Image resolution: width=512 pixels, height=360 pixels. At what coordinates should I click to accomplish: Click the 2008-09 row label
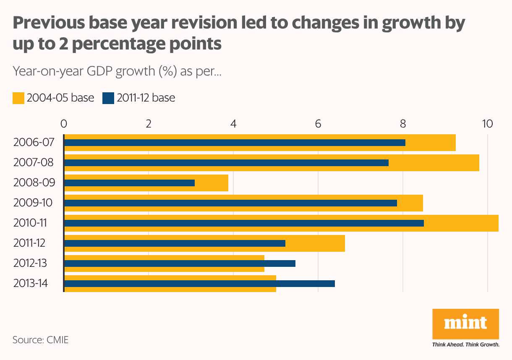(34, 183)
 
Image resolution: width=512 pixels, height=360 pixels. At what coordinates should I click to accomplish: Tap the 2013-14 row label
(30, 284)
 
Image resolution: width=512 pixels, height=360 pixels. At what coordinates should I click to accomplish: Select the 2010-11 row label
(29, 223)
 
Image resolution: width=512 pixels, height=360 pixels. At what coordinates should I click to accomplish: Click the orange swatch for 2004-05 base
(18, 98)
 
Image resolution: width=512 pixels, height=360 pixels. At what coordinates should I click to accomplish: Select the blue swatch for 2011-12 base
(108, 98)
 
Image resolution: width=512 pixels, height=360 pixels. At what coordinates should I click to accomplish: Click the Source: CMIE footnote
(40, 339)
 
